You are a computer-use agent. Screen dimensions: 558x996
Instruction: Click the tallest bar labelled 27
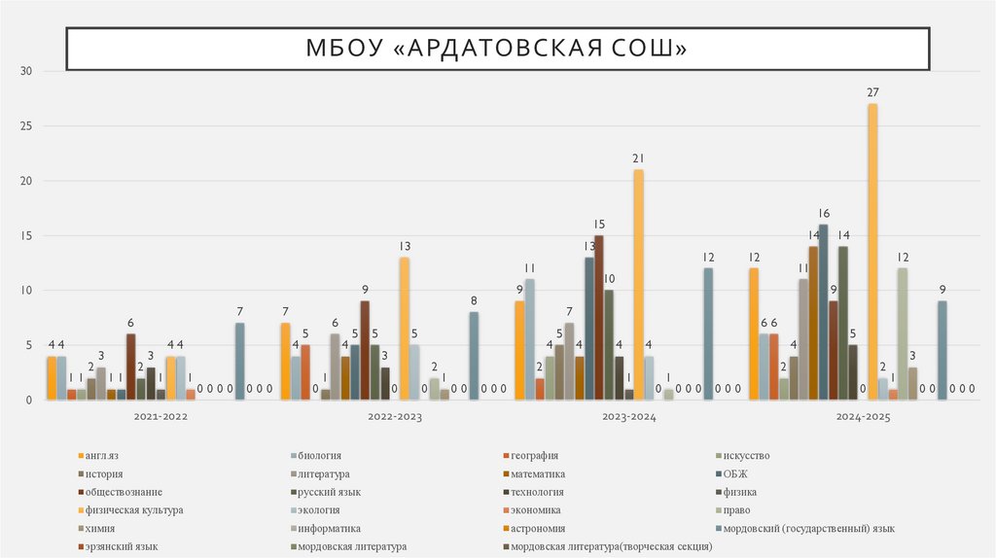pyautogui.click(x=872, y=252)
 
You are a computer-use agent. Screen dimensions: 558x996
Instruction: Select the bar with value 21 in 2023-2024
pyautogui.click(x=638, y=285)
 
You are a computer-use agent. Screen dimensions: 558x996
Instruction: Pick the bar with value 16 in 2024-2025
pyautogui.click(x=823, y=312)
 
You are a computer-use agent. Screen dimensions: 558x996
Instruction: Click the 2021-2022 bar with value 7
pyautogui.click(x=239, y=362)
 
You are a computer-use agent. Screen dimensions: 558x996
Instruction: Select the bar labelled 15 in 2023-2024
pyautogui.click(x=599, y=318)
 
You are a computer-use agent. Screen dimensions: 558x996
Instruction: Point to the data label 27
pyautogui.click(x=872, y=92)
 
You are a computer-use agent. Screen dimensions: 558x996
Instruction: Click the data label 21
pyautogui.click(x=638, y=158)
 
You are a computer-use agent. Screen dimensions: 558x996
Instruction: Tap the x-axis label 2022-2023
pyautogui.click(x=395, y=416)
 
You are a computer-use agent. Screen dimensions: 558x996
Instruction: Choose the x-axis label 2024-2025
pyautogui.click(x=864, y=416)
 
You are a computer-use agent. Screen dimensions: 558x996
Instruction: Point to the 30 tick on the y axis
pyautogui.click(x=26, y=72)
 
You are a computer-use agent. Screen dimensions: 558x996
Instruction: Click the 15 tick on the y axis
pyautogui.click(x=26, y=236)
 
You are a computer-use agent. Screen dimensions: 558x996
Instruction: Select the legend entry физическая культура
pyautogui.click(x=133, y=510)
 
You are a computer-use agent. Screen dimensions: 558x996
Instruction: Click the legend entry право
pyautogui.click(x=735, y=510)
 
